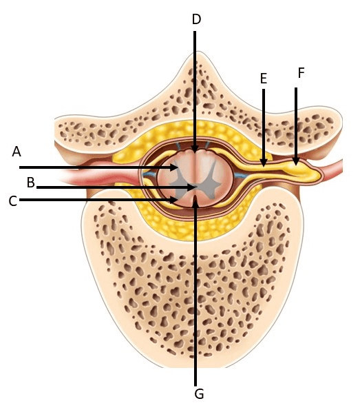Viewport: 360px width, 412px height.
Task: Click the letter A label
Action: (x=17, y=152)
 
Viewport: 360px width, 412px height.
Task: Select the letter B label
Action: (x=31, y=183)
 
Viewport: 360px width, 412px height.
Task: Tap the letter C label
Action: (x=13, y=201)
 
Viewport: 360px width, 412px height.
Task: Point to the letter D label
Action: (x=196, y=19)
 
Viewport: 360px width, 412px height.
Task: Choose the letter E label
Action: (x=264, y=79)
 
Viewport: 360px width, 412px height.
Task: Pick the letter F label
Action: (x=301, y=73)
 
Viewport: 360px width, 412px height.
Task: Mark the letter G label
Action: (x=200, y=394)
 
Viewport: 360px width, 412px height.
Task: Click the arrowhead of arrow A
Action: (x=174, y=167)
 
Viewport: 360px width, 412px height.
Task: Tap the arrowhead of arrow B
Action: (x=193, y=187)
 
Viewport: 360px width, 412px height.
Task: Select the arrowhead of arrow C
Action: (x=174, y=200)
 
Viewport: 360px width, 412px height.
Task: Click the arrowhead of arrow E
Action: (x=264, y=162)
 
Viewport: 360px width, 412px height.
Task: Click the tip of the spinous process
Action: (x=200, y=53)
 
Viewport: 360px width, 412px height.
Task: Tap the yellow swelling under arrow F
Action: (x=302, y=171)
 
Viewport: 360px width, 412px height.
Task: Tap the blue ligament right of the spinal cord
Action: (x=240, y=175)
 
